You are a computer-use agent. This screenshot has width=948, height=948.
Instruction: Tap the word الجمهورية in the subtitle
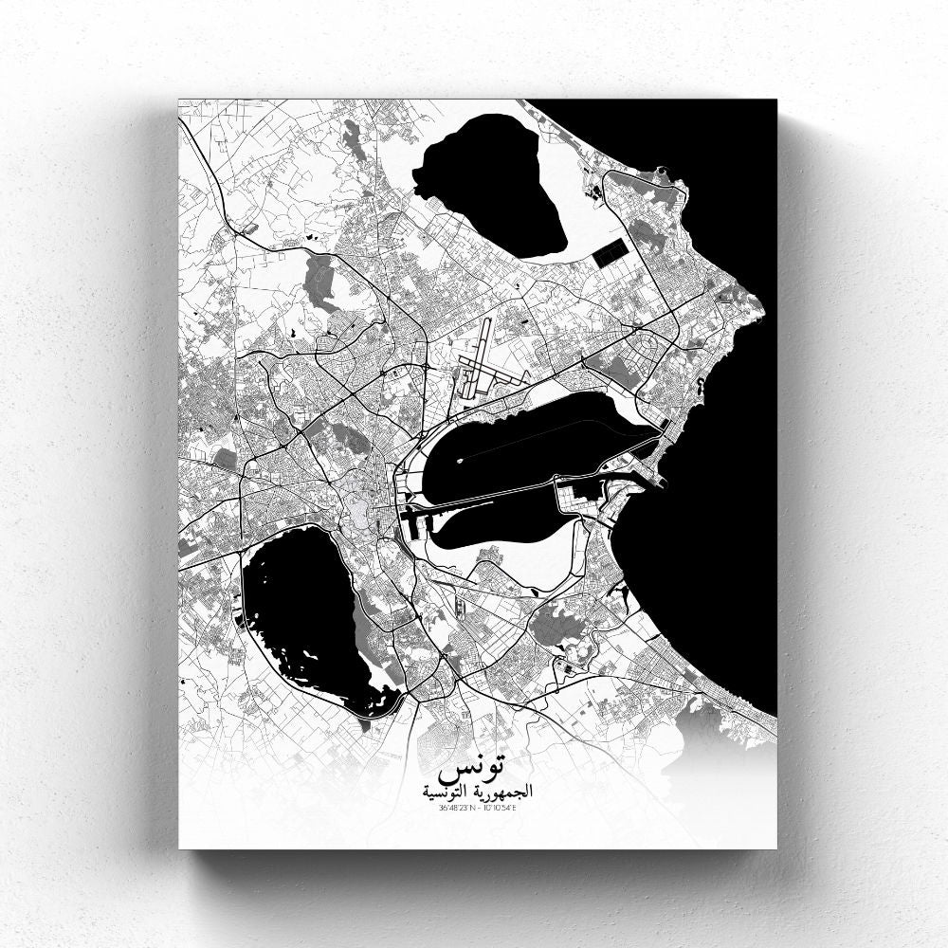[x=497, y=790]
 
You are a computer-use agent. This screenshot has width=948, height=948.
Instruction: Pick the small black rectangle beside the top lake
[x=610, y=252]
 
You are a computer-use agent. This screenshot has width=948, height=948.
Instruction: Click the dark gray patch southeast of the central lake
[x=554, y=627]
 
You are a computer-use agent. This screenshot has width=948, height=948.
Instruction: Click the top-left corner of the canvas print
[x=179, y=100]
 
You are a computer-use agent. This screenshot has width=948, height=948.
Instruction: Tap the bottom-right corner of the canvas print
[x=775, y=848]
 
